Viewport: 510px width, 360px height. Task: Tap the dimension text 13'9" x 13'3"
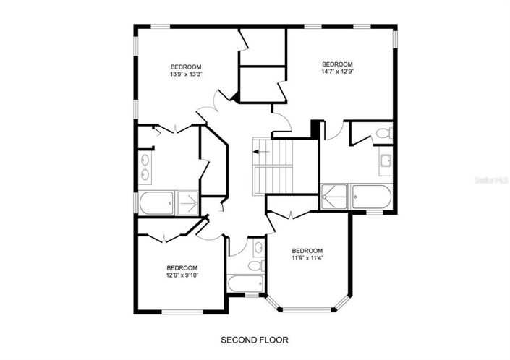[186, 74]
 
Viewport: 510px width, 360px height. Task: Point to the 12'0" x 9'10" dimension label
[182, 274]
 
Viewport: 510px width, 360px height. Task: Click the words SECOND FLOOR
[255, 339]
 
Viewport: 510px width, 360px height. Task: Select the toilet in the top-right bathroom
[383, 133]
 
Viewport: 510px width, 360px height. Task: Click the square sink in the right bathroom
[386, 160]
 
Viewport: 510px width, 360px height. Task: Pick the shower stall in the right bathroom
[335, 196]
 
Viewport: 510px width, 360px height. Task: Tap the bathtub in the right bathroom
[371, 196]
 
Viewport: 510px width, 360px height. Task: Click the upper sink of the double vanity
[145, 159]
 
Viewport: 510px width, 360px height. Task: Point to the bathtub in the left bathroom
[157, 202]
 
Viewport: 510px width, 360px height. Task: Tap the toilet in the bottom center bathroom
[255, 266]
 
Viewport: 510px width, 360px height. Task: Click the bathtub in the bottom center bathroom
[245, 283]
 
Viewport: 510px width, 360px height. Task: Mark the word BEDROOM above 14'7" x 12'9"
[336, 63]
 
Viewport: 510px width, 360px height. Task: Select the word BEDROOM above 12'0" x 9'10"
[182, 266]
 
